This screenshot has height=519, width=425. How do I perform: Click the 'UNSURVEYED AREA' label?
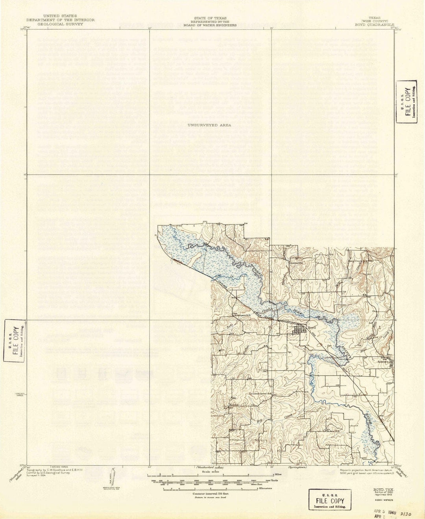(209, 125)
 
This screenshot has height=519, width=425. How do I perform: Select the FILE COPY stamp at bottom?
(330, 499)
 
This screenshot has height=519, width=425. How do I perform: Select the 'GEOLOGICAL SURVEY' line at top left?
(55, 24)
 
